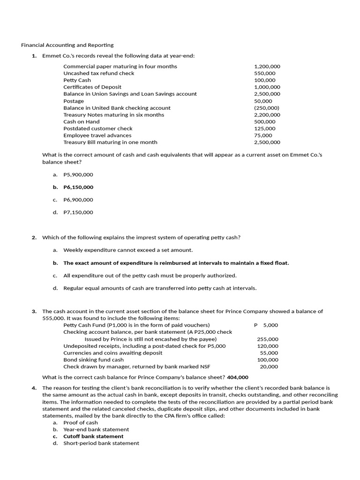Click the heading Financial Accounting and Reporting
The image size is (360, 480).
(x=67, y=45)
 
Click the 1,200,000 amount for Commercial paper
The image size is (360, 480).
(x=267, y=66)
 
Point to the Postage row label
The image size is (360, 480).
(x=74, y=101)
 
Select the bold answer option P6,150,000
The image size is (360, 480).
(x=78, y=187)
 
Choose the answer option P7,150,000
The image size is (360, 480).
(x=78, y=212)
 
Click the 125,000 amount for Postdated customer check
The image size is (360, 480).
(x=265, y=128)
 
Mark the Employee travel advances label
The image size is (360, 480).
(x=97, y=135)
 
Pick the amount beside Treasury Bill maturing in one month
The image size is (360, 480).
(x=267, y=142)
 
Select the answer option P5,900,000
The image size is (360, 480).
(x=78, y=174)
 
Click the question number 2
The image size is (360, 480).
(x=34, y=237)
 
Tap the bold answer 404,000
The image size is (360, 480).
(x=238, y=377)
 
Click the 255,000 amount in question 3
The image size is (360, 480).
(x=268, y=339)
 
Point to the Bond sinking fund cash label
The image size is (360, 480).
(x=94, y=360)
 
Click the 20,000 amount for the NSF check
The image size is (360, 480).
(x=269, y=367)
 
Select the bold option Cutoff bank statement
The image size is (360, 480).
(x=93, y=436)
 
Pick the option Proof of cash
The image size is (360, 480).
(x=81, y=422)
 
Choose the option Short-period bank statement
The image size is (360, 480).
(x=101, y=443)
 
